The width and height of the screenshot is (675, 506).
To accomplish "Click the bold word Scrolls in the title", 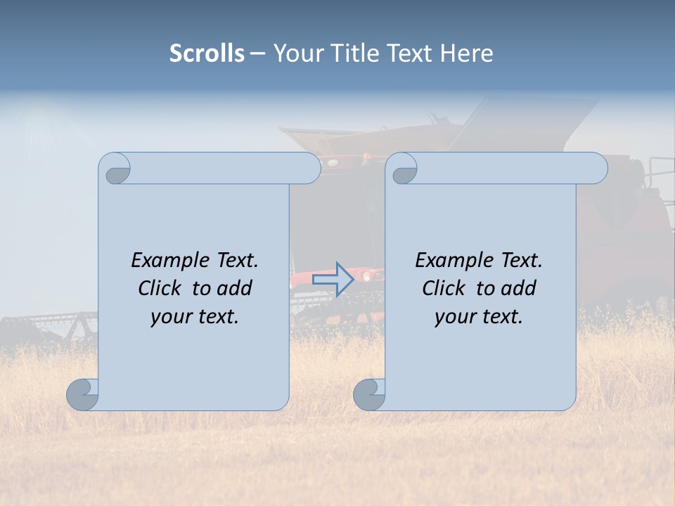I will coord(207,53).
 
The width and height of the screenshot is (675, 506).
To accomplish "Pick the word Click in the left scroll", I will coord(159,288).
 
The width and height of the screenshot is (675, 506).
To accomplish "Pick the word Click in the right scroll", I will coord(443,288).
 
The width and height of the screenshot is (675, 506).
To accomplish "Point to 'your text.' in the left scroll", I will coord(195,316).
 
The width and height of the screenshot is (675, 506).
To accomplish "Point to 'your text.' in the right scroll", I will coord(479,316).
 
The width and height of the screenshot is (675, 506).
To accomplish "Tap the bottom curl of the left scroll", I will coord(82,394).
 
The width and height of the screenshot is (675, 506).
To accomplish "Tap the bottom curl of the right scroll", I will coord(369,394).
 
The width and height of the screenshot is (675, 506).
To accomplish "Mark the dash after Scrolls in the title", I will coord(257,53).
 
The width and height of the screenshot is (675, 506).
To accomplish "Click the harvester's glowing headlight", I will coord(366,276).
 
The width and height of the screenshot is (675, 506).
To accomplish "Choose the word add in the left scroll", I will coord(236,288).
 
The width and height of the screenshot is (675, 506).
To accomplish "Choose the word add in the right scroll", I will coord(520,288).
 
